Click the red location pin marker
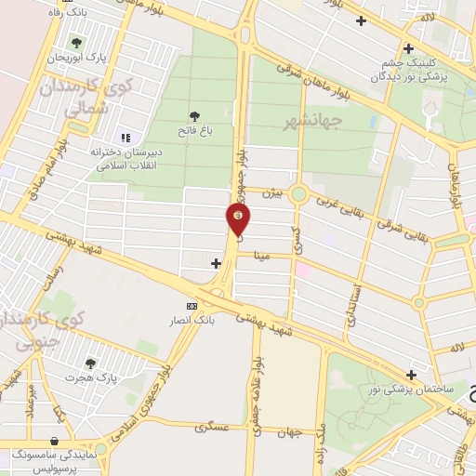click(x=239, y=218)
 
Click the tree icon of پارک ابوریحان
click(x=76, y=42)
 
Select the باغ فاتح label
click(x=196, y=132)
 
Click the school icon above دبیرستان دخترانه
click(x=124, y=138)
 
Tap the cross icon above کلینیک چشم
click(x=407, y=48)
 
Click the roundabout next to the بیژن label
click(x=299, y=194)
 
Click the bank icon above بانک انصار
click(x=192, y=306)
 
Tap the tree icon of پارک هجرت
click(x=90, y=364)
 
